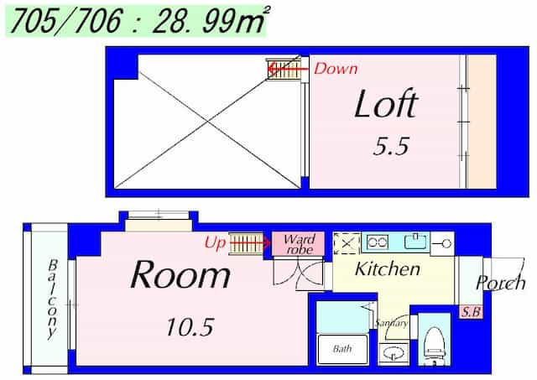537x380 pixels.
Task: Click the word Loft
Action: tap(386, 103)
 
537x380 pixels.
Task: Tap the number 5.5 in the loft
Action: tap(391, 146)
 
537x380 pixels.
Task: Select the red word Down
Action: tap(336, 69)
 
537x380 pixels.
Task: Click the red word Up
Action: tap(215, 243)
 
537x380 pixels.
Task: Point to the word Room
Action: tap(180, 275)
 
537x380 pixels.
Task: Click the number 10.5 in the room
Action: tap(190, 327)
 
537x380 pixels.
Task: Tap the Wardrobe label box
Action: tap(299, 243)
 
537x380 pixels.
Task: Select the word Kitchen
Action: tap(388, 268)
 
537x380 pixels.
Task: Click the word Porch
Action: tap(501, 283)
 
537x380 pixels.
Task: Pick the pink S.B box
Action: tap(471, 312)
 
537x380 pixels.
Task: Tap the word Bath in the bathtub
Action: tap(342, 349)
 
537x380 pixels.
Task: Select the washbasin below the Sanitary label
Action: tap(394, 354)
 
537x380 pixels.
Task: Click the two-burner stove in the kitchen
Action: tap(377, 242)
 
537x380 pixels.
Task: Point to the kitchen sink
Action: tap(416, 241)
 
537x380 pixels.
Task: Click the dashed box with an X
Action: tap(347, 243)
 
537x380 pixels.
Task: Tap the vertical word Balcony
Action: tap(52, 299)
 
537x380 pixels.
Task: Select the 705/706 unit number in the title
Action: tap(66, 21)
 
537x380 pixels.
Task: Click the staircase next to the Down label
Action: tap(284, 70)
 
